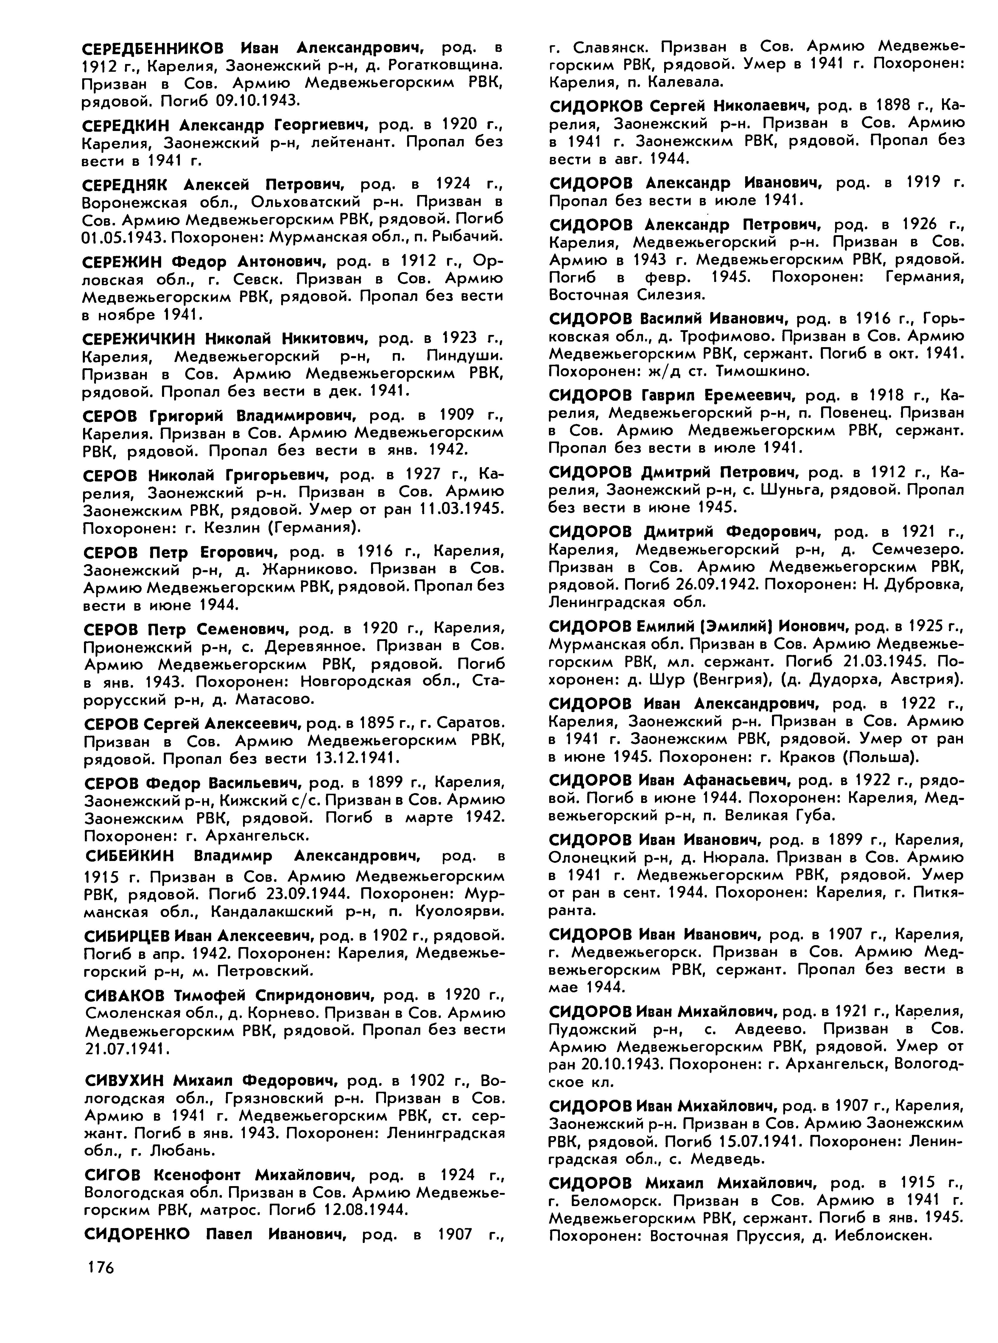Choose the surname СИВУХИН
click(124, 1080)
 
